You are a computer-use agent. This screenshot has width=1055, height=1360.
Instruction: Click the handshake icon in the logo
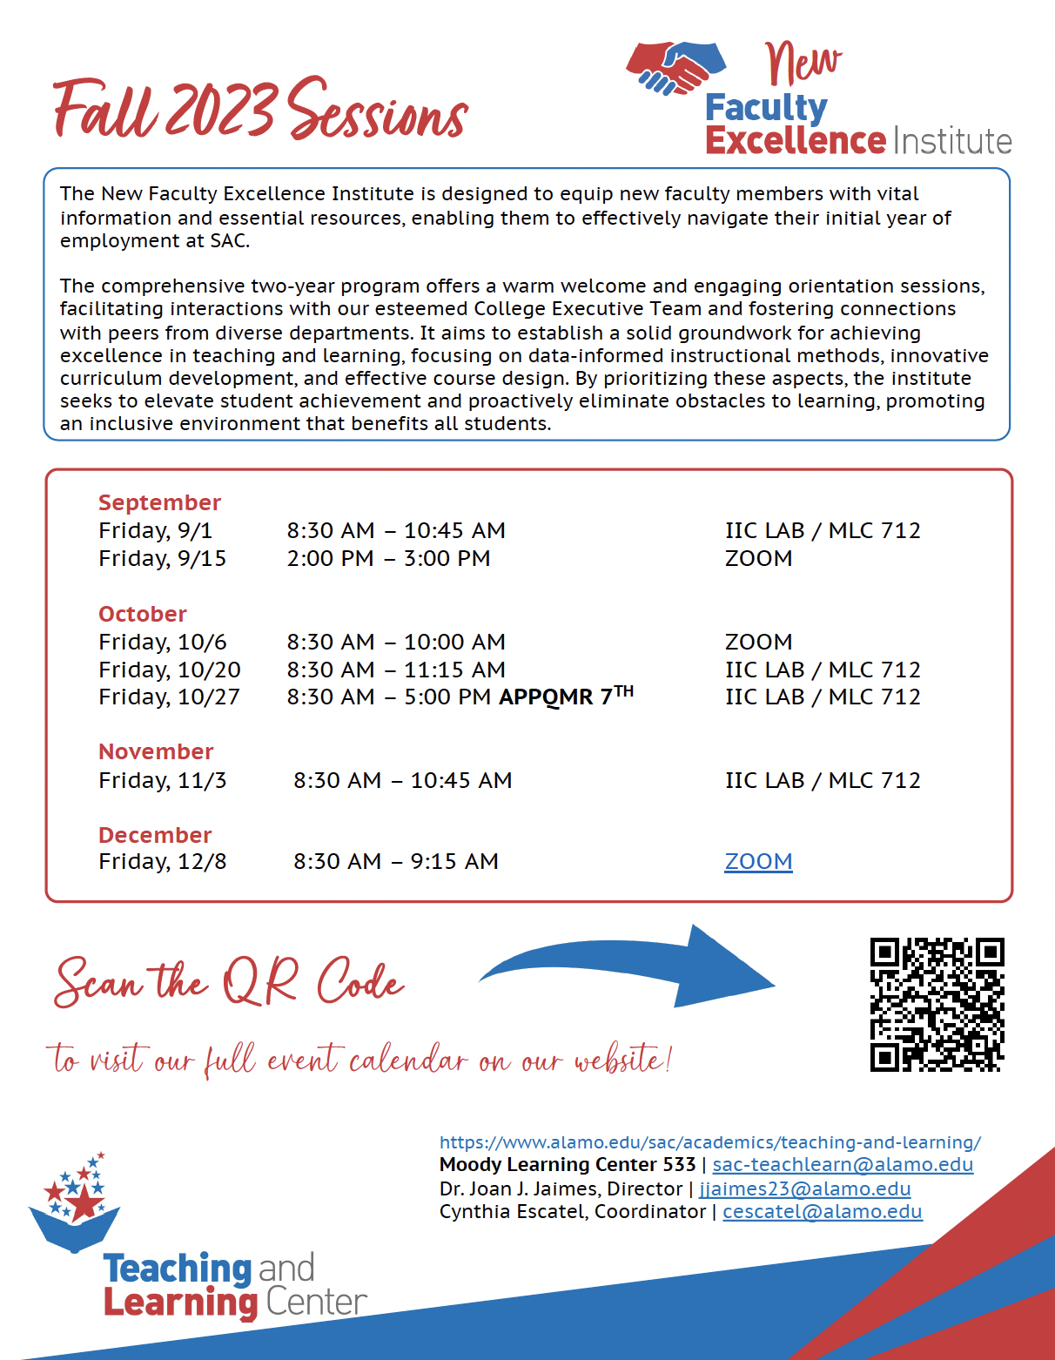coord(676,67)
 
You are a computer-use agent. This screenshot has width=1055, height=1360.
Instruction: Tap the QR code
coord(937,1004)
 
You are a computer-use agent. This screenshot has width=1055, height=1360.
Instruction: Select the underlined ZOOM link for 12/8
coord(758,861)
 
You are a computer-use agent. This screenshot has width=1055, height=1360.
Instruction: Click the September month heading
coord(159,502)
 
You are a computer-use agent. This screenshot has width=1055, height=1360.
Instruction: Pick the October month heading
coord(143,614)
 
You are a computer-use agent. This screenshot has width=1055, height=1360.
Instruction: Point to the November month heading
coord(156,751)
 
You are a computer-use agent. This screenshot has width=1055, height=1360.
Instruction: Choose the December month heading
coord(155,835)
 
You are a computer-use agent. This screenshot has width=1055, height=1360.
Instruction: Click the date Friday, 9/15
coord(162,558)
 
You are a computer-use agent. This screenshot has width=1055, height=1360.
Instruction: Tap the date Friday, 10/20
coord(169,670)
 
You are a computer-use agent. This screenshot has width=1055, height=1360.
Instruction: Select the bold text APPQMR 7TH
coord(566,696)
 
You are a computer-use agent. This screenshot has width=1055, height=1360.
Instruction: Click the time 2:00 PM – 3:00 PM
coord(388,558)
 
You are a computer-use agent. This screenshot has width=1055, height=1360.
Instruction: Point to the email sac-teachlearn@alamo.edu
coord(843,1164)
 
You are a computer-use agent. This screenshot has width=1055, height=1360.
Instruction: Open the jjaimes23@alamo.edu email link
coord(804,1188)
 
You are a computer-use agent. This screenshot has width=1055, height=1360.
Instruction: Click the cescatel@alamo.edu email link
coord(822,1211)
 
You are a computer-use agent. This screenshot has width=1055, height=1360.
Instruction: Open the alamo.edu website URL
coord(709,1142)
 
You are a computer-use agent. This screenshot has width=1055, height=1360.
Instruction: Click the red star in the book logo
coord(84,1203)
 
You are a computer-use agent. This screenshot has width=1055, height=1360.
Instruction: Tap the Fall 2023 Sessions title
coord(260,111)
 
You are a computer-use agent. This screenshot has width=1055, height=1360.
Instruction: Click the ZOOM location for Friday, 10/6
coord(758,642)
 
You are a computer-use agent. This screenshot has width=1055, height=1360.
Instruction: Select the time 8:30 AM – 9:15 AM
coord(395,861)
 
